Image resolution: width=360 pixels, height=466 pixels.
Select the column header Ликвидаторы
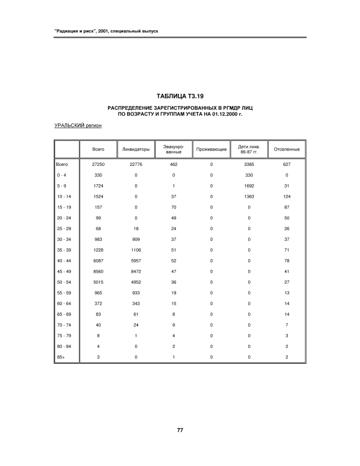136,149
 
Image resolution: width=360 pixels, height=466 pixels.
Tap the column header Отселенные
286,149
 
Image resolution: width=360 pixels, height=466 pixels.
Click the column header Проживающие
211,149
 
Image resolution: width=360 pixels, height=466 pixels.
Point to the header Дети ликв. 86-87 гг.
249,149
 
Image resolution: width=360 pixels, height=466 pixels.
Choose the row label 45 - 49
62,272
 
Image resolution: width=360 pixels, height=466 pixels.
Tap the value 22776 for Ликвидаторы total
136,164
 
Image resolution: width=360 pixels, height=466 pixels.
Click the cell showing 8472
136,272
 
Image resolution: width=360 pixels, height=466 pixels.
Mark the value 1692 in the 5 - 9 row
249,185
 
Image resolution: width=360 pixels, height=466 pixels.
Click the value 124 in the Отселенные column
286,195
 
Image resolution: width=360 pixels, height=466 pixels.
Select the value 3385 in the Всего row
249,164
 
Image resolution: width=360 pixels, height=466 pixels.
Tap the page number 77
179,430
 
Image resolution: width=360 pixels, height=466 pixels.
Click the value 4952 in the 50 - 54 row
136,282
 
